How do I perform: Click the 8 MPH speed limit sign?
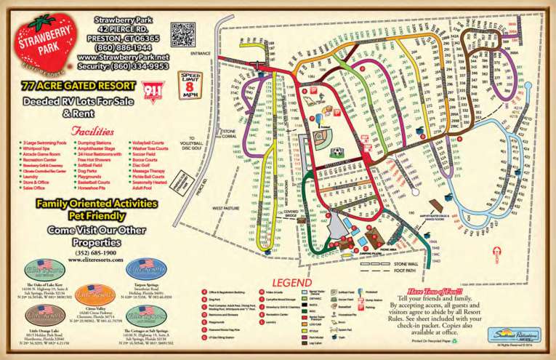pyautogui.click(x=190, y=84)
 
